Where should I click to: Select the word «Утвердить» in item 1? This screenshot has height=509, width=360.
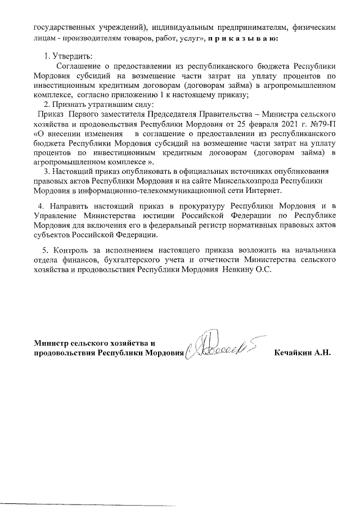point(71,56)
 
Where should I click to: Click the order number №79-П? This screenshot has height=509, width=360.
point(323,124)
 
